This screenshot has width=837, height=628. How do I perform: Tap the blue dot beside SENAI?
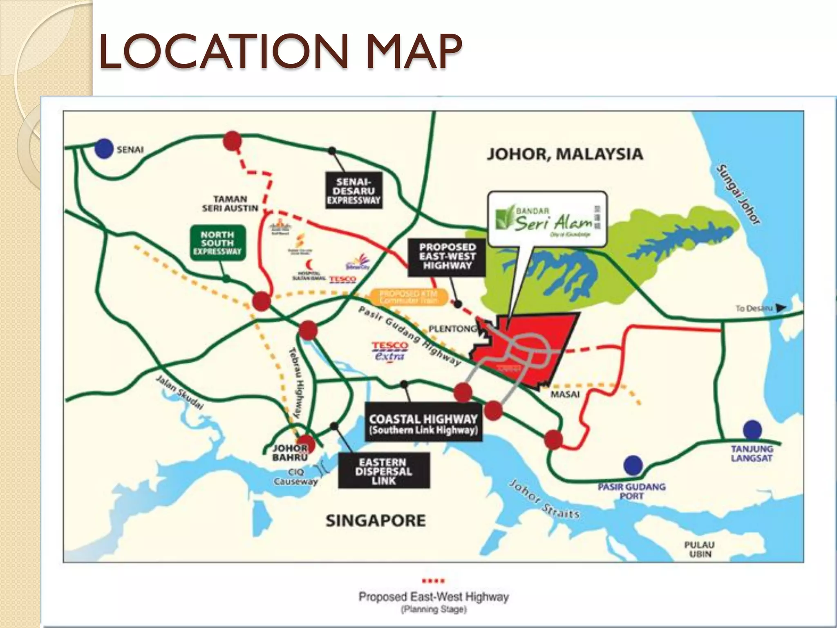point(104,149)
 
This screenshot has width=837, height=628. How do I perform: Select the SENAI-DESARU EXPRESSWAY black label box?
point(354,191)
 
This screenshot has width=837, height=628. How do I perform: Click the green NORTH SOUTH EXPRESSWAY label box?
point(217,242)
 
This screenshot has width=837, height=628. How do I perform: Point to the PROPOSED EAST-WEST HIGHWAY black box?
point(447,256)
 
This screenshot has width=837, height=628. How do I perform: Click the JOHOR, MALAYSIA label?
point(565,154)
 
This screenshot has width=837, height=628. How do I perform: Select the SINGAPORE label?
point(376,520)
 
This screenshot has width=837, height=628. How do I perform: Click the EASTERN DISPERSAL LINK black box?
point(383,471)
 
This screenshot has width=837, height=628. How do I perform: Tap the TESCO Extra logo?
point(389,351)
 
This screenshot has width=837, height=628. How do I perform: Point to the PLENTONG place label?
point(452,329)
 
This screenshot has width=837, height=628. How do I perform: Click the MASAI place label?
point(565,395)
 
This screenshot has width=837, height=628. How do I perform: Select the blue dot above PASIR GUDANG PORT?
point(633,465)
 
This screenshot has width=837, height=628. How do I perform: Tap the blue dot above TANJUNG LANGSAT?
point(752,430)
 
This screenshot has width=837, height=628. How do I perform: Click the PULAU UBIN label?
point(700,549)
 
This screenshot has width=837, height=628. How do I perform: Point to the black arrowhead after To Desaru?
point(781,308)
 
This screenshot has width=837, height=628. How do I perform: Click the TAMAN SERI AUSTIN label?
point(230,204)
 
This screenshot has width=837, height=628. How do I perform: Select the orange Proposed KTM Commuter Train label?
point(408,297)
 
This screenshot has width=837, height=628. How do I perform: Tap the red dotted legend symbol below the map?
point(433,581)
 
